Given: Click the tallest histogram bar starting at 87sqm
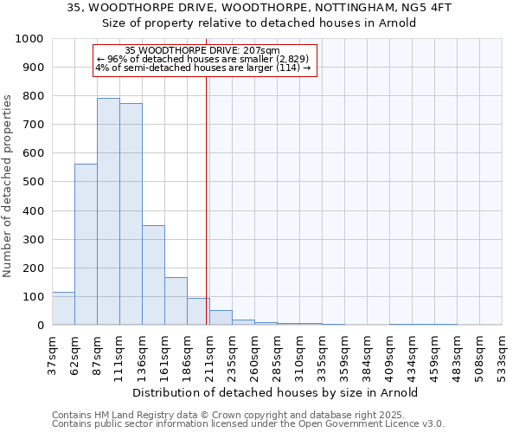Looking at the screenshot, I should coord(108,211).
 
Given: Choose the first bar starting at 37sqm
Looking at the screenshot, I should coord(63,308).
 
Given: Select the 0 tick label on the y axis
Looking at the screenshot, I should coord(40,326).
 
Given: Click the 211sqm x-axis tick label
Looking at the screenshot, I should coord(209,354).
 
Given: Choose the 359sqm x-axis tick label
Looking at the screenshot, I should coord(344,354).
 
